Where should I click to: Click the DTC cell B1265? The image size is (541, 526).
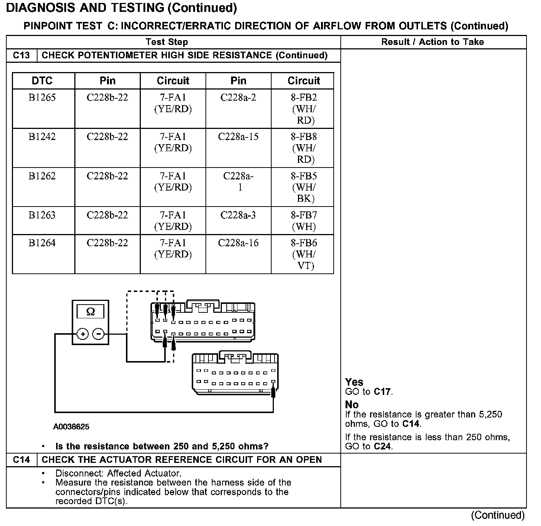tap(42, 98)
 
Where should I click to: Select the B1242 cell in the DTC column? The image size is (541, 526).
tap(42, 137)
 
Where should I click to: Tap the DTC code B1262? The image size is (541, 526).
tap(42, 176)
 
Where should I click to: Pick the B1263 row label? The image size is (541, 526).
tap(42, 215)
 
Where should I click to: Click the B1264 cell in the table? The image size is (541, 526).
tap(42, 243)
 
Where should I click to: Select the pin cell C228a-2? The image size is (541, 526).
tap(238, 98)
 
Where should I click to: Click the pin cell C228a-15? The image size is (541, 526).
tap(238, 137)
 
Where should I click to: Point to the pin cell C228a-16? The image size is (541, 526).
tap(238, 243)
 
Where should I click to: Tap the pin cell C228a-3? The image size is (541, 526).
tap(238, 215)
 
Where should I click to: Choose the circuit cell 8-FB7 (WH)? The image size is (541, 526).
tap(304, 221)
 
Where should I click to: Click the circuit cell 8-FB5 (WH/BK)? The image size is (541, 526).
tap(304, 187)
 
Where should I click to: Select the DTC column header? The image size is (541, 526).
tap(42, 81)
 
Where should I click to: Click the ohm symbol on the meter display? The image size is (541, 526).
tap(90, 311)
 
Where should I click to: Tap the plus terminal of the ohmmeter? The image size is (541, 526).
tap(82, 334)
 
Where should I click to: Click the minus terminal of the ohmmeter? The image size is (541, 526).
tap(98, 334)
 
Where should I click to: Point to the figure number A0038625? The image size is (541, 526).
tap(71, 427)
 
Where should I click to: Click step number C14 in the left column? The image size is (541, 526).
tap(21, 460)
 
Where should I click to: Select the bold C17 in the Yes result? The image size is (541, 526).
tap(382, 392)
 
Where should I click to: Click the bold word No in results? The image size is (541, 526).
tap(352, 404)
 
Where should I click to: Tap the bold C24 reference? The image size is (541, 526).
tap(382, 447)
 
